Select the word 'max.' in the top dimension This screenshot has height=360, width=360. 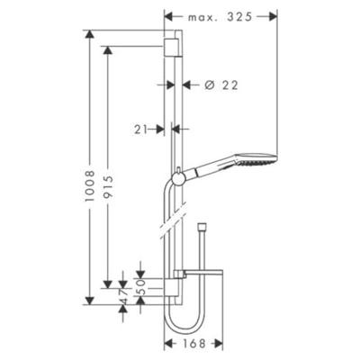202,17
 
